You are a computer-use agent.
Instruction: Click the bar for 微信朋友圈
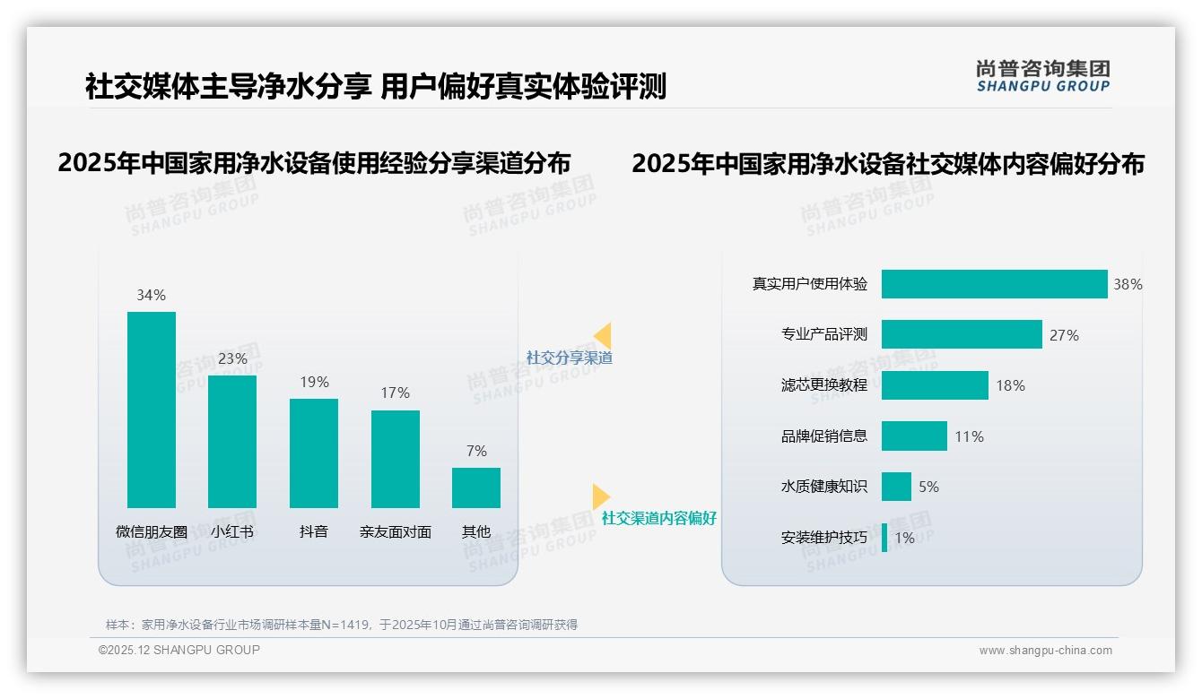coord(152,410)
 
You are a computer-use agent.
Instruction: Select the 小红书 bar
coord(232,441)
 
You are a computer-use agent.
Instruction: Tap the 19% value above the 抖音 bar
coord(314,382)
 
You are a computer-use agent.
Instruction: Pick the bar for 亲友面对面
coord(395,459)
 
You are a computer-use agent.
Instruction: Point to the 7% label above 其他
coord(476,451)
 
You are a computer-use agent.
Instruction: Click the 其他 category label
coord(476,531)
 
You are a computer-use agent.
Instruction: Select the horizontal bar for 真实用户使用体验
coord(994,284)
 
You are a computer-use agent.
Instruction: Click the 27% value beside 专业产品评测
coord(1064,335)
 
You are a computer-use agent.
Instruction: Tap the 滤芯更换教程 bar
coord(935,385)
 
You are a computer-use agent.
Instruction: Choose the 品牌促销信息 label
coord(824,436)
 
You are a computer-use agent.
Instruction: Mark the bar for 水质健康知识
coord(896,487)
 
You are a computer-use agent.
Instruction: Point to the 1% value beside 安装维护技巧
coord(904,538)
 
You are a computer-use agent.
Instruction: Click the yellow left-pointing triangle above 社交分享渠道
coord(603,336)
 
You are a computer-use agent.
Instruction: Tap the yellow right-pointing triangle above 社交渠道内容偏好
coord(601,496)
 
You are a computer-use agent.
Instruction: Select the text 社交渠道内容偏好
coord(658,519)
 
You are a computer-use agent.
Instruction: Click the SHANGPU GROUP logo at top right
coord(1042,76)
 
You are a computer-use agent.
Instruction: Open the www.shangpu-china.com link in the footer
coord(1045,651)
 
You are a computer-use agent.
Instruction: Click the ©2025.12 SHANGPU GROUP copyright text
coord(179,650)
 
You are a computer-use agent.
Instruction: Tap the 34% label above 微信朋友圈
coord(151,295)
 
